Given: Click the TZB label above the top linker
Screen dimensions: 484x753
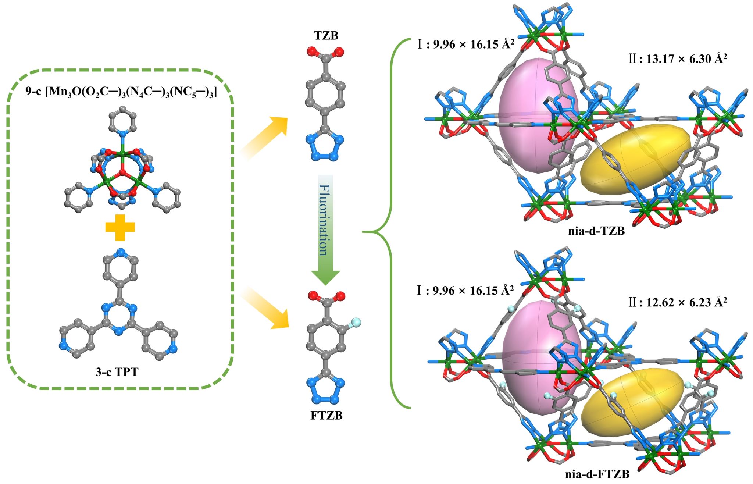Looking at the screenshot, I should point(326,35).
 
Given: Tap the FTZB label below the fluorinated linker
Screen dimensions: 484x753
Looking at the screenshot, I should point(326,416).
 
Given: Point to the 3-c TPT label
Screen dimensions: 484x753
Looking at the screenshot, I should point(117,372).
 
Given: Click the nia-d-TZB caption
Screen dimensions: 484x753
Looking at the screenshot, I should point(596,231).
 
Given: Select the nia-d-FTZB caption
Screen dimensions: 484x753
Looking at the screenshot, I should point(597,474).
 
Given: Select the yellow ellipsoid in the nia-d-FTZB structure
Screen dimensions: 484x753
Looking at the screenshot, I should point(625,405).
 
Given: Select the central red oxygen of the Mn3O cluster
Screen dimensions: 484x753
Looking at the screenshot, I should point(122,172).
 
